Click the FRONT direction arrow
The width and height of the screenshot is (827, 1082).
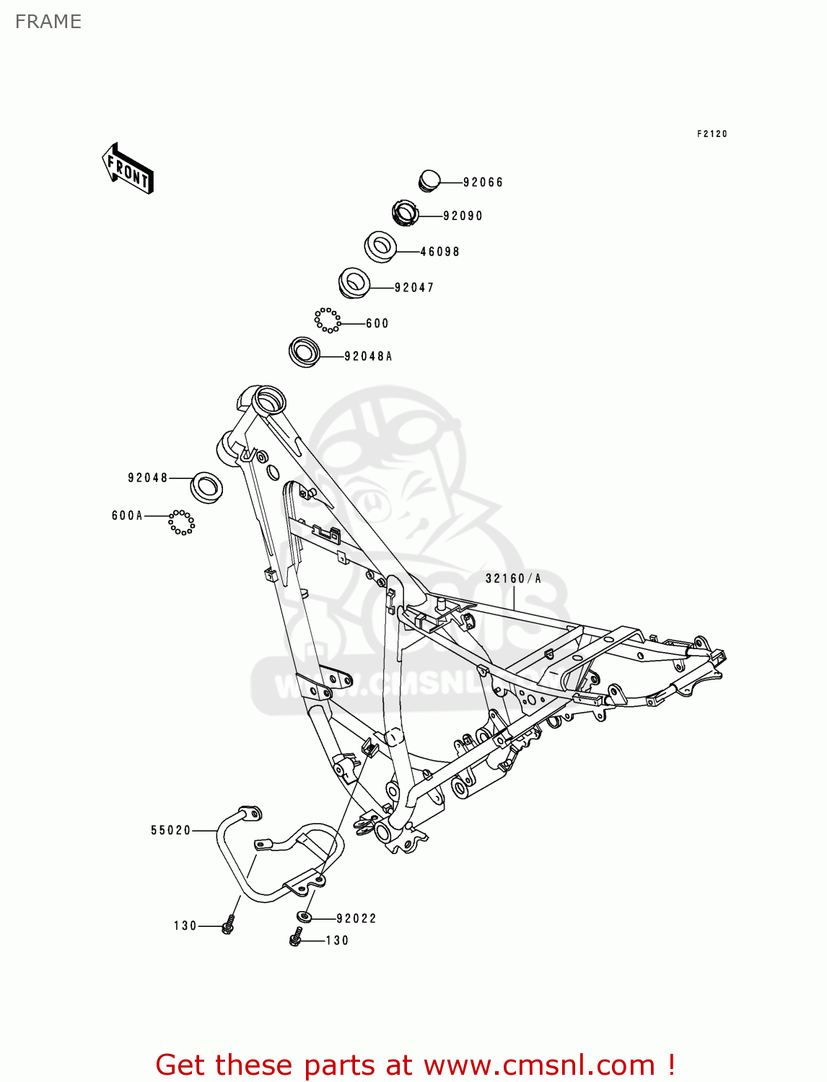128,169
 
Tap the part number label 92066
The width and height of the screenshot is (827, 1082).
483,182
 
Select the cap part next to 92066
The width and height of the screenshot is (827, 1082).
430,180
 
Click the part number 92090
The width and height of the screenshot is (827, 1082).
463,216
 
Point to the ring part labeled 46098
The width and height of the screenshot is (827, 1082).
380,247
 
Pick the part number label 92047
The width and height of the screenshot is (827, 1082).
414,288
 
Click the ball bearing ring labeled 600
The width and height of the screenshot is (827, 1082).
327,320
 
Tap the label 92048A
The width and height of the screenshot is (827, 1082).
368,356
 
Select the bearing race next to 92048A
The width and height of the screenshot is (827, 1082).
304,352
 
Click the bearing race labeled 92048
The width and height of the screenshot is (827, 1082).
206,487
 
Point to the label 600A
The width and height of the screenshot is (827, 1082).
127,516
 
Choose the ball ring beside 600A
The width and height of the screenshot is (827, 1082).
182,522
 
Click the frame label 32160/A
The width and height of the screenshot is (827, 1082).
513,579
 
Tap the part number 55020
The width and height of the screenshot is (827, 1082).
171,830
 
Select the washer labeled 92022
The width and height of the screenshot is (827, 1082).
304,917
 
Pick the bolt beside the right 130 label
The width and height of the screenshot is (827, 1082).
295,938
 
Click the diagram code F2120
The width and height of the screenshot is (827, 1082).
712,134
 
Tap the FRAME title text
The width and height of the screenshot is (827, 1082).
48,22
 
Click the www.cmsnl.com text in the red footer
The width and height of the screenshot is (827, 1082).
539,1065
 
